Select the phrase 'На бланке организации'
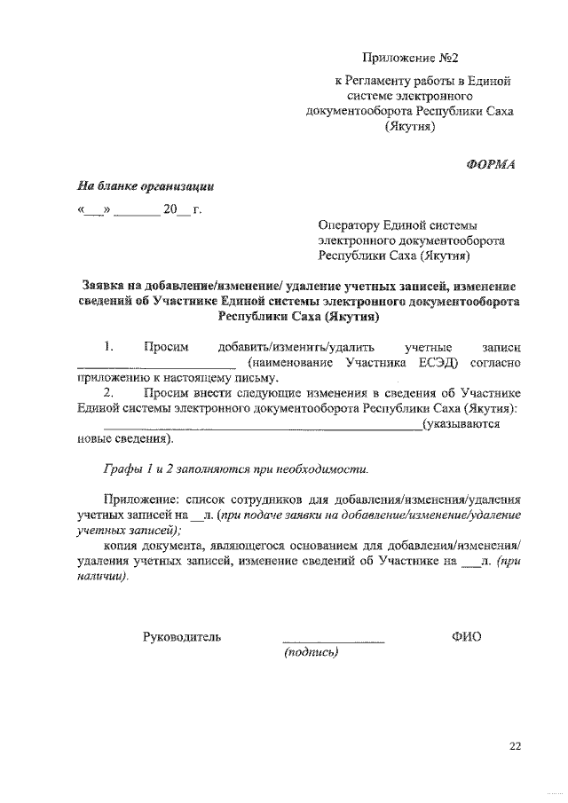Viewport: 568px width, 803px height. coord(145,186)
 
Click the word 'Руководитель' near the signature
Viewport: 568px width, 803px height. coord(182,636)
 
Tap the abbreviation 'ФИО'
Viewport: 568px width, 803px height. coord(466,636)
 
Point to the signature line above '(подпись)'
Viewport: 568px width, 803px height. coord(333,641)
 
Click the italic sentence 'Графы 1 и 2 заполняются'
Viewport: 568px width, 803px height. coord(234,468)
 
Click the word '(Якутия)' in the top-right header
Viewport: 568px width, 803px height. coord(408,128)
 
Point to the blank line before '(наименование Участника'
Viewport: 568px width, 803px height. coord(156,365)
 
